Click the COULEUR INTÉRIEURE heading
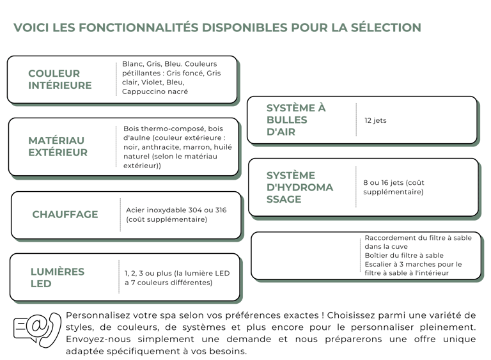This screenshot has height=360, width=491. click(60, 79)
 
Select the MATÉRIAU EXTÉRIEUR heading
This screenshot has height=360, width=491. click(58, 146)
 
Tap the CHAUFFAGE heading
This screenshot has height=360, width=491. click(65, 214)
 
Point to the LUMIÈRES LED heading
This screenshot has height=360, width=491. click(58, 278)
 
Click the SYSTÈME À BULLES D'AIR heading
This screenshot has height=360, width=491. click(296, 120)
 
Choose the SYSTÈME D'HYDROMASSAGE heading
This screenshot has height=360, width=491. click(300, 187)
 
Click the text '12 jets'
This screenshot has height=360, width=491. click(375, 120)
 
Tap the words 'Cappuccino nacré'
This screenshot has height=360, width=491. click(155, 91)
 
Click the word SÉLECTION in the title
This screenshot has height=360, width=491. click(386, 27)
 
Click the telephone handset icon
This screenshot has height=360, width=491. click(52, 329)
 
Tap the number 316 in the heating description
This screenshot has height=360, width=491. click(221, 210)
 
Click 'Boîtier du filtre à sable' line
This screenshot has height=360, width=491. click(404, 255)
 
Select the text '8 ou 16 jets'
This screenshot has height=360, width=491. click(383, 183)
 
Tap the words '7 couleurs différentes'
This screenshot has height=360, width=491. click(170, 283)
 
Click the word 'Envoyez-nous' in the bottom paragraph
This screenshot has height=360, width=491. click(98, 340)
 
